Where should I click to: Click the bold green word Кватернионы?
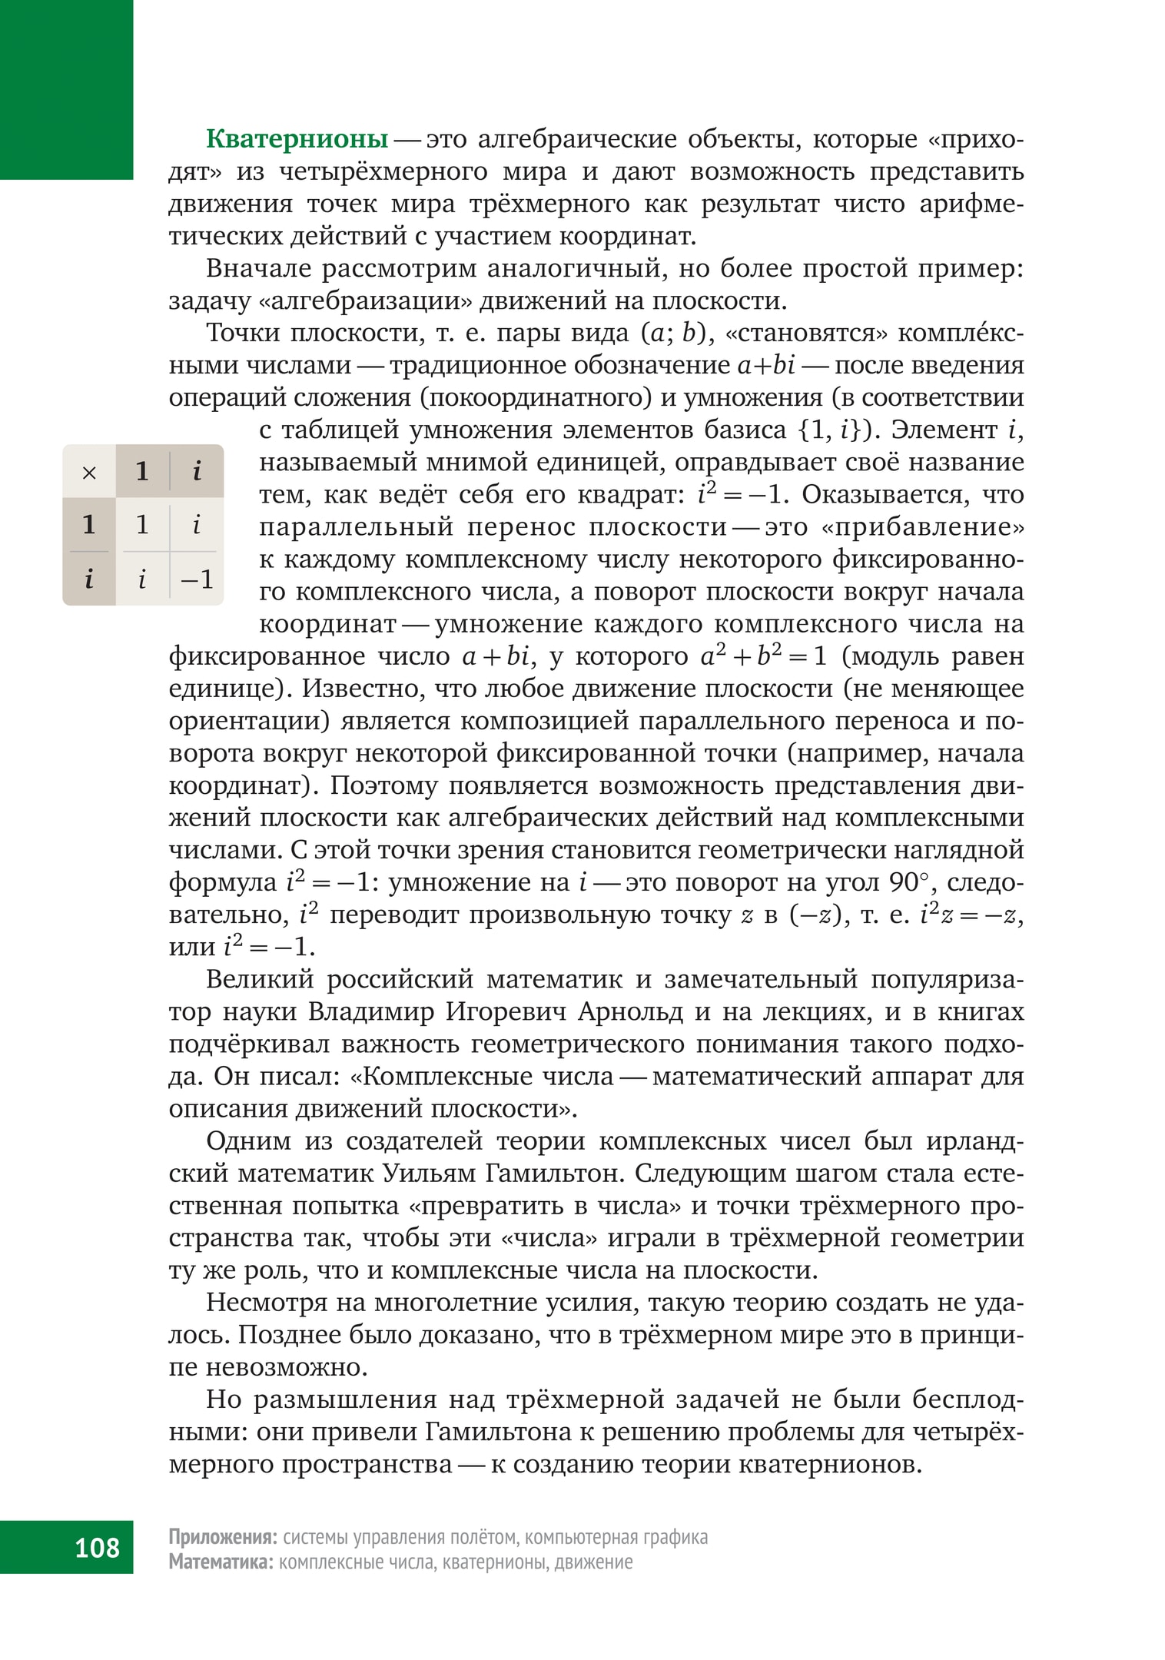[x=297, y=140]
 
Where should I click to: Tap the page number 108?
[x=97, y=1547]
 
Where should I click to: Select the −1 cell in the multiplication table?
[x=197, y=579]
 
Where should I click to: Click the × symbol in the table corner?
[x=89, y=472]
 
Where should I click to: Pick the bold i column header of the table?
[x=197, y=470]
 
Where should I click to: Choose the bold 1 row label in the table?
[x=89, y=525]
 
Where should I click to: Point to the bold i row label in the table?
[x=89, y=579]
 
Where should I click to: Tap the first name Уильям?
[x=433, y=1174]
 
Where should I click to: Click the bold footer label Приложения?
[x=223, y=1537]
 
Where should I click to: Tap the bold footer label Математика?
[x=221, y=1562]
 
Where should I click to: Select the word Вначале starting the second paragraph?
[x=257, y=269]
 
